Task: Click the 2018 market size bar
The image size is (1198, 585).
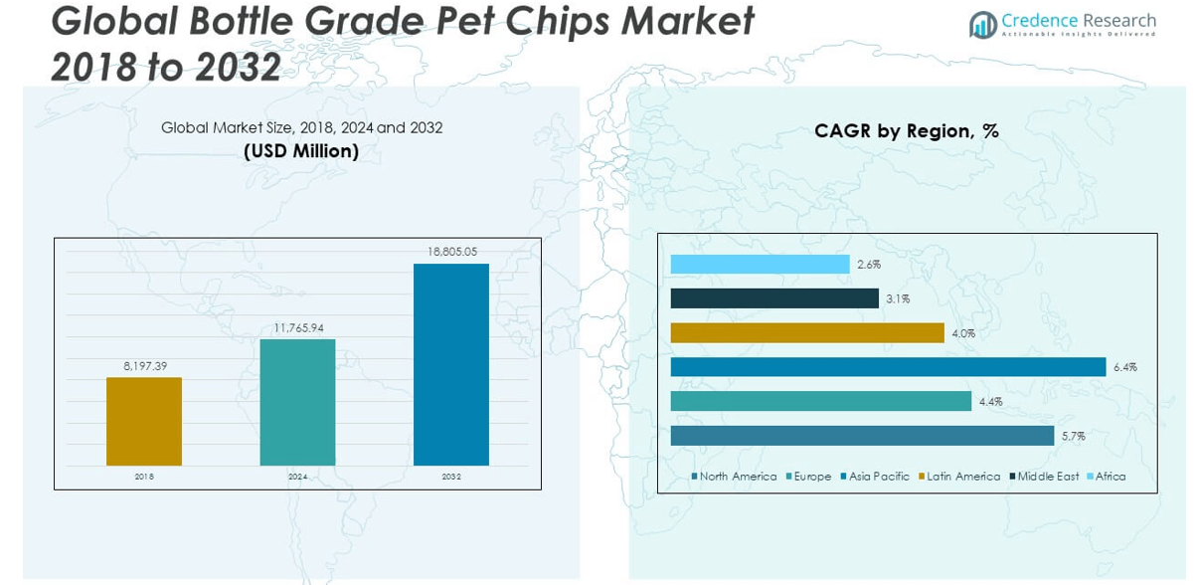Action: click(144, 421)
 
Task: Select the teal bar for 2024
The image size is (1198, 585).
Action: click(297, 402)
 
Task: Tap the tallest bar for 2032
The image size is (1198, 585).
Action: click(451, 364)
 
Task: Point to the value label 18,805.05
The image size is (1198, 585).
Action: click(451, 252)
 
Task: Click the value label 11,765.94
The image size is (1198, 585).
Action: click(297, 327)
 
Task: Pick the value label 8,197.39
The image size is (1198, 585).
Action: click(144, 366)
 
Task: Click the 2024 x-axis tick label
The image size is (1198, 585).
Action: click(297, 478)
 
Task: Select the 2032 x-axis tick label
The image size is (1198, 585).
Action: click(451, 478)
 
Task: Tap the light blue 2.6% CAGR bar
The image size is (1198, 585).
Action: click(760, 264)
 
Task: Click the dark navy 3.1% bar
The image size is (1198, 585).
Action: click(774, 298)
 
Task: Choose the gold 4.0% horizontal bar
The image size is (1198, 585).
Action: click(806, 333)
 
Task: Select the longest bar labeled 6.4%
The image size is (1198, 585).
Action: click(888, 367)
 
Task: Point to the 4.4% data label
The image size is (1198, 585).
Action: click(990, 402)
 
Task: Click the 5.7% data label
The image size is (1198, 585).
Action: click(1073, 436)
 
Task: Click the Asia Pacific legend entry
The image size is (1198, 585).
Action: click(878, 477)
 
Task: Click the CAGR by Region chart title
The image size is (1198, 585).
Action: click(906, 130)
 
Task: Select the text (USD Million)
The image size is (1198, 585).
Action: click(301, 151)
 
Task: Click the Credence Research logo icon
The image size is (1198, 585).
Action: click(982, 24)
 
